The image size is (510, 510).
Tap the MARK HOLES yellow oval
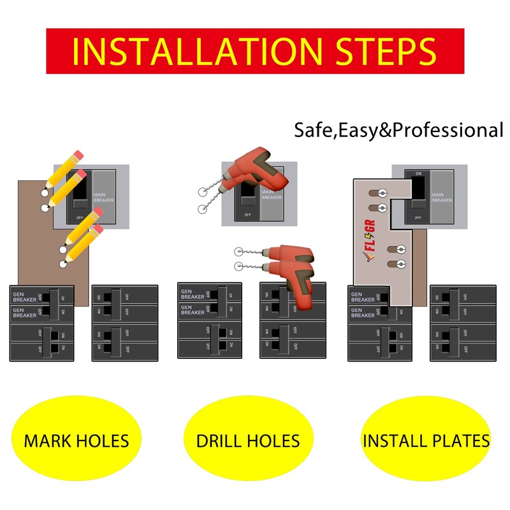(76, 440)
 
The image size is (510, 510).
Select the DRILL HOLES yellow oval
(248, 440)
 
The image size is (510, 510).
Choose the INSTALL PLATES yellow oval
(426, 440)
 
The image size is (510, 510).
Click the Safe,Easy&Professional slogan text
(398, 130)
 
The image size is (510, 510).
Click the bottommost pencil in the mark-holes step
(82, 245)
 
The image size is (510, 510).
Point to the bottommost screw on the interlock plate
(400, 263)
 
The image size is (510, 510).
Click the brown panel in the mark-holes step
(38, 242)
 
